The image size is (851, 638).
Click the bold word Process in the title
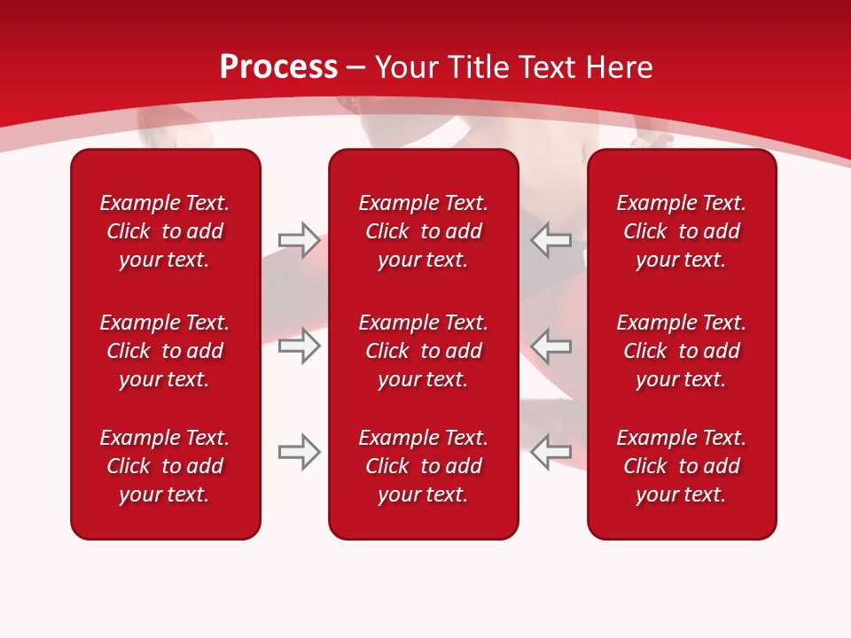278,67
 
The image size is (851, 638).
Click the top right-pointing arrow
299,240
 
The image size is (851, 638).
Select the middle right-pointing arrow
299,346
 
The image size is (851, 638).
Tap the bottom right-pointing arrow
299,452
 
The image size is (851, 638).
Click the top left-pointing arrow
551,240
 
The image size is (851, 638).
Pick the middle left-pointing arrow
551,346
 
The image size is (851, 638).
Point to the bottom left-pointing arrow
551,452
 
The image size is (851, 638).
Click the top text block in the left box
165,231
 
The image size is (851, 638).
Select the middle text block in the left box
165,351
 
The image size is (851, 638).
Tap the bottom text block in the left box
165,466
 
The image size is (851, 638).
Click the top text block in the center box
424,231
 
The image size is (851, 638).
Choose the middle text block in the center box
424,351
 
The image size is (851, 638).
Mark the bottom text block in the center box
424,466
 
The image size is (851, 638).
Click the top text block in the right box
682,231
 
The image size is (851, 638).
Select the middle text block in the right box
682,351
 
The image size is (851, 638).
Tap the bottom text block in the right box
682,466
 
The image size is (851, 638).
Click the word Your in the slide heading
406,67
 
